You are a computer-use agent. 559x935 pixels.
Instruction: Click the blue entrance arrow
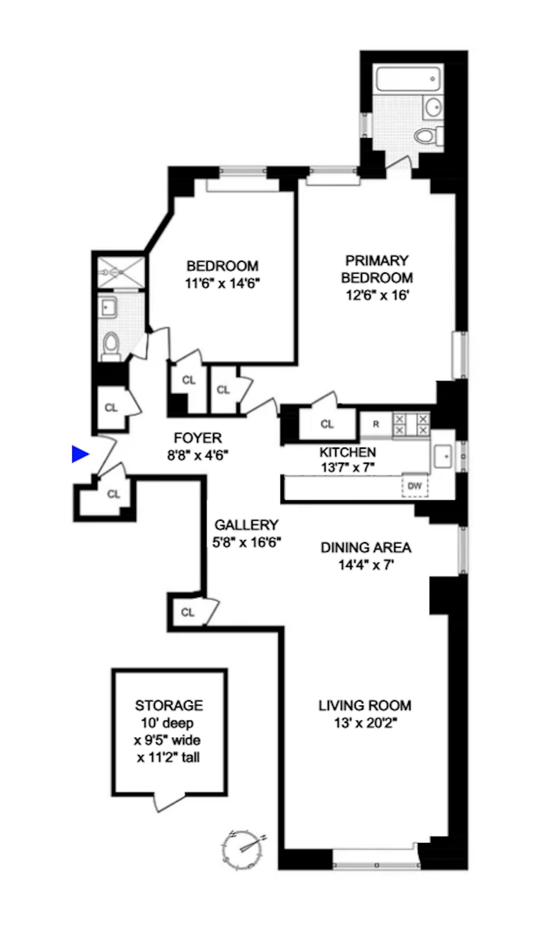[x=80, y=454]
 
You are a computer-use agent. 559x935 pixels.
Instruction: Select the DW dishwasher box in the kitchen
[x=415, y=485]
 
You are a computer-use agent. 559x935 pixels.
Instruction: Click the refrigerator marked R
[x=376, y=424]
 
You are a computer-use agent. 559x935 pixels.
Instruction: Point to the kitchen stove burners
[x=411, y=425]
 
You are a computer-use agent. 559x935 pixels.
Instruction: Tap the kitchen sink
[x=443, y=456]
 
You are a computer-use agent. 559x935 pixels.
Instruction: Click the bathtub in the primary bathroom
[x=408, y=79]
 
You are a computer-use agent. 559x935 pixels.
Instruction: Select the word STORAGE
[x=169, y=705]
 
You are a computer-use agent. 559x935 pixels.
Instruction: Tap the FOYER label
[x=198, y=438]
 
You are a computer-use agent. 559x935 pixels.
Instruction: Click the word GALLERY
[x=246, y=525]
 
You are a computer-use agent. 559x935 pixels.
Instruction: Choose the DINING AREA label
[x=366, y=548]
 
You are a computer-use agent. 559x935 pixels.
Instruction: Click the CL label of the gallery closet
[x=188, y=612]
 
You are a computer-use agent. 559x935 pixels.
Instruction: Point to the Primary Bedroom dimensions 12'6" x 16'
[x=377, y=295]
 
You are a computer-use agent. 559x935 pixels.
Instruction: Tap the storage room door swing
[x=170, y=803]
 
